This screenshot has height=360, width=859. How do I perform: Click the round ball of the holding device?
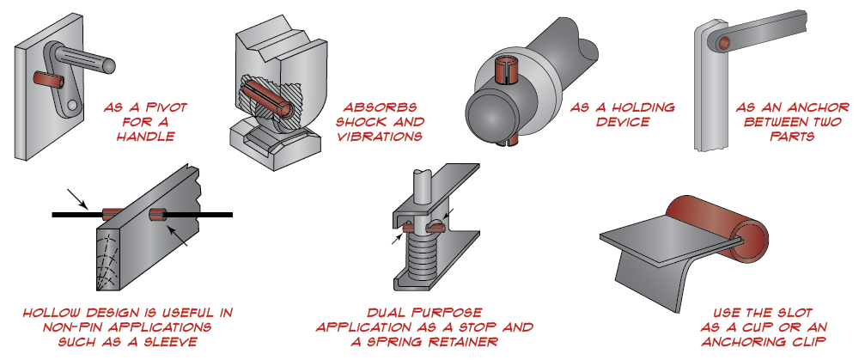pyautogui.click(x=490, y=115)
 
